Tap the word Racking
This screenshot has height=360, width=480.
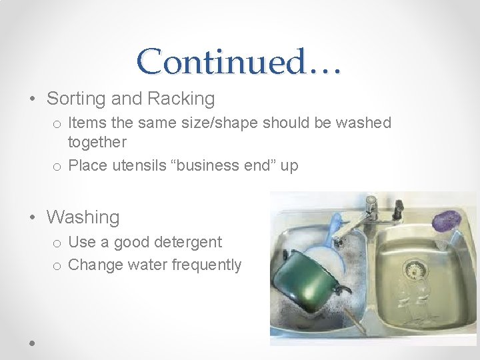point(181,99)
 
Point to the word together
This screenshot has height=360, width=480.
point(97,142)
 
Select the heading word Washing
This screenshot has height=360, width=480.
point(83,217)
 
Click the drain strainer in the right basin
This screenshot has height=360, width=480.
point(416,269)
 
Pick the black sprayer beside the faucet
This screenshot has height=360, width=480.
point(398,208)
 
